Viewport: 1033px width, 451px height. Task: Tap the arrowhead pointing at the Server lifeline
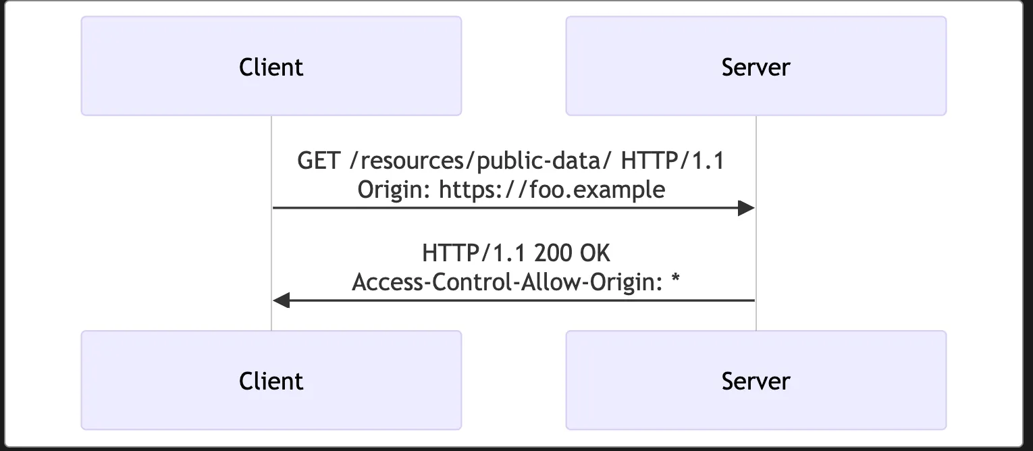[746, 208]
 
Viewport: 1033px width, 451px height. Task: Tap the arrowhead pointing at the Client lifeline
[282, 300]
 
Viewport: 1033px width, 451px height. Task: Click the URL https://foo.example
[552, 190]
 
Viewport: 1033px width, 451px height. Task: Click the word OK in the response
[595, 253]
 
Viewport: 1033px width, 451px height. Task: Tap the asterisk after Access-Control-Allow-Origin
[674, 280]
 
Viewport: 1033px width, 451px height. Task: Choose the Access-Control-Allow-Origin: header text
[506, 282]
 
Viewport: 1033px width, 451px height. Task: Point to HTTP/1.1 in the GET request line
[672, 162]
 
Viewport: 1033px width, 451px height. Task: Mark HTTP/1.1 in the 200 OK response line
[475, 253]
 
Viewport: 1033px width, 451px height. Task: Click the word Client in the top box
[271, 67]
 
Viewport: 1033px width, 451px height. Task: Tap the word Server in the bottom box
[756, 381]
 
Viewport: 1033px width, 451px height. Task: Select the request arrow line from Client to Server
[506, 208]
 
